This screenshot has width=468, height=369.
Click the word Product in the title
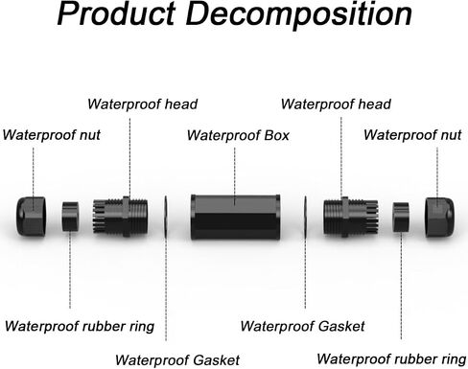click(116, 13)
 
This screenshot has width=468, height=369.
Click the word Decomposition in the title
click(299, 15)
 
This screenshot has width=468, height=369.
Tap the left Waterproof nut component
click(31, 217)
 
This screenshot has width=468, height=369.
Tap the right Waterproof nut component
click(439, 218)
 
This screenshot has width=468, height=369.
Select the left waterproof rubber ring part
click(70, 217)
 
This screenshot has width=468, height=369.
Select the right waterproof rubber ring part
click(401, 217)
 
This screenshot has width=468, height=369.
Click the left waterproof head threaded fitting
click(120, 217)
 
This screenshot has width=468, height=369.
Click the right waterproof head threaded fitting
click(351, 217)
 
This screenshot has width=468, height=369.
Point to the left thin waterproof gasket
click(166, 217)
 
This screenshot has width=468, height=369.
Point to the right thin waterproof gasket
click(305, 217)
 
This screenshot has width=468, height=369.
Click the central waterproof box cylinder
click(236, 217)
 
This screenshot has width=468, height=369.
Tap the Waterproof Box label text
click(238, 135)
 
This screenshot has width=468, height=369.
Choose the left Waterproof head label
click(143, 104)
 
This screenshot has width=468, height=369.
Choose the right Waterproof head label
click(336, 104)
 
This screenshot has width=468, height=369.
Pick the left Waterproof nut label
click(52, 135)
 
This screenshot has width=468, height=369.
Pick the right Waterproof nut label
click(412, 135)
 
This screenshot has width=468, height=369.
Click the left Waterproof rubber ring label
click(80, 327)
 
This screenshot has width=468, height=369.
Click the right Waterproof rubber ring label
click(391, 359)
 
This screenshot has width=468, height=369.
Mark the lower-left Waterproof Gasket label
click(177, 360)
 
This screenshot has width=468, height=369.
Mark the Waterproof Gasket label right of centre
click(302, 327)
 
